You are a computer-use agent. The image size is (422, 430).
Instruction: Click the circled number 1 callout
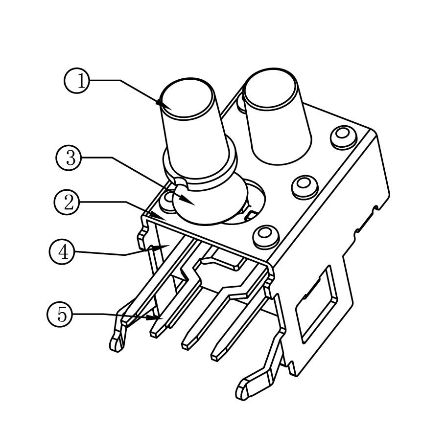77,80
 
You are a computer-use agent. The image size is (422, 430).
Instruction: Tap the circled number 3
69,158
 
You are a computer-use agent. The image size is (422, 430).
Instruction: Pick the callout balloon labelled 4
62,252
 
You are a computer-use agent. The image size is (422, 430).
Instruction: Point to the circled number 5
60,314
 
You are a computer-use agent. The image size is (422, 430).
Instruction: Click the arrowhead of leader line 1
160,104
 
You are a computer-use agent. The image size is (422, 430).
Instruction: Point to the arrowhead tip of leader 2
161,217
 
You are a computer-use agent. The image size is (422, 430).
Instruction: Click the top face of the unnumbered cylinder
270,89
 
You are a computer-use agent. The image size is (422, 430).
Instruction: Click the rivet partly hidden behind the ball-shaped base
169,199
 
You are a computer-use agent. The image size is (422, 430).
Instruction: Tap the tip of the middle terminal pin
186,345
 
